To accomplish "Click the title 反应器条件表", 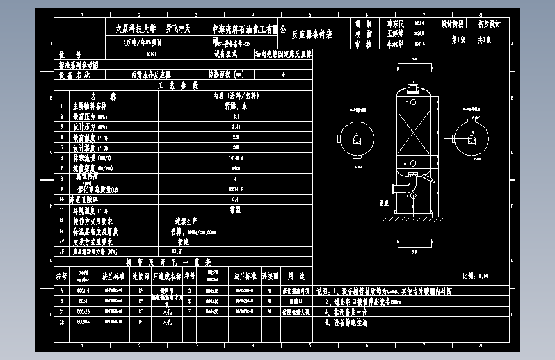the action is (312, 35).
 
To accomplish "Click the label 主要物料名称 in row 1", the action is (90, 106).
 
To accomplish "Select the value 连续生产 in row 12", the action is (184, 220).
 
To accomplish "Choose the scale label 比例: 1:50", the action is (475, 275).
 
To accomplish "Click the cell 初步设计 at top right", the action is (489, 23).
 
